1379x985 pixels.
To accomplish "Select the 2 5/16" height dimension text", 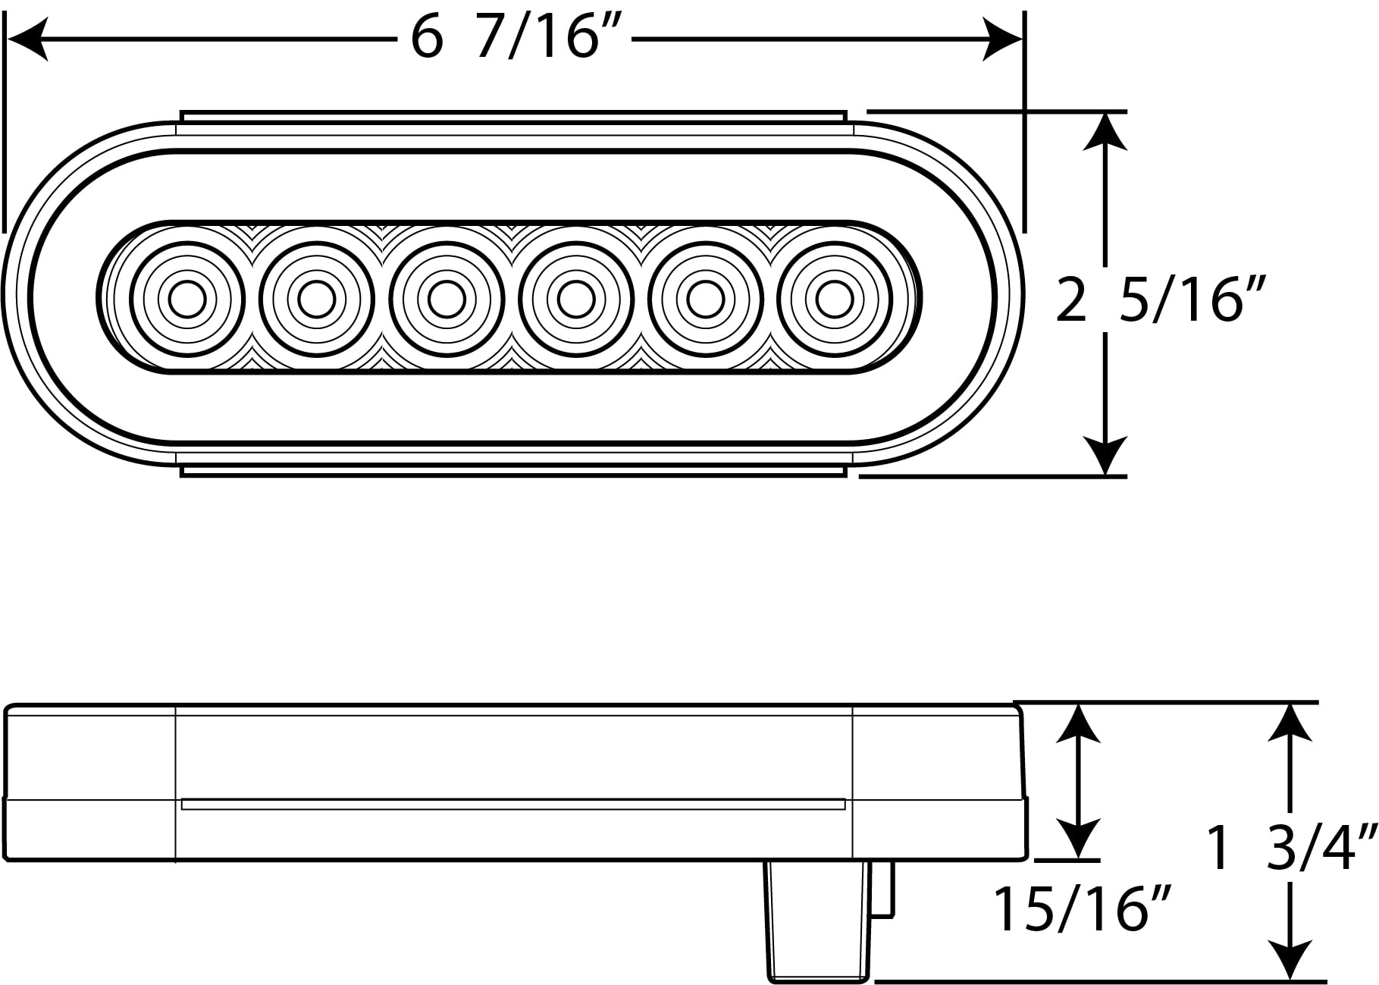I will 1161,301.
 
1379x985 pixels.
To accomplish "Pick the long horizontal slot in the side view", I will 513,804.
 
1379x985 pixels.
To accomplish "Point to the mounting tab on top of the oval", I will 513,116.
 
